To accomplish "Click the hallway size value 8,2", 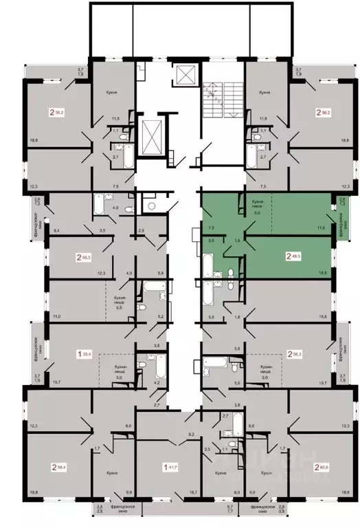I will pos(192,435).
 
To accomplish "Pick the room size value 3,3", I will pos(207,448).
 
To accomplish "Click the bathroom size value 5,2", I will pos(161,316).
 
